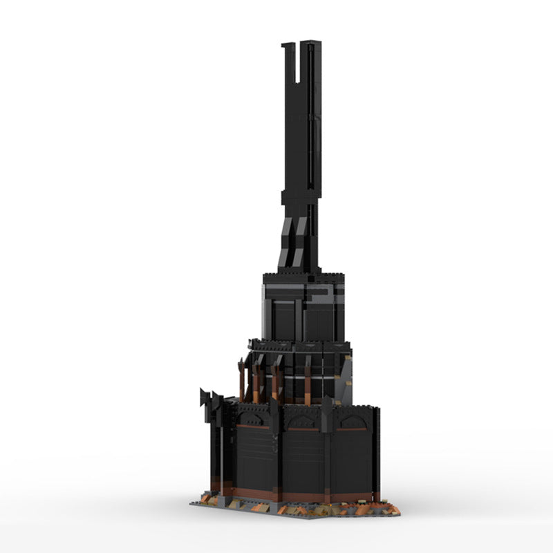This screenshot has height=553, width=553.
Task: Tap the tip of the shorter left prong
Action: pyautogui.click(x=287, y=46)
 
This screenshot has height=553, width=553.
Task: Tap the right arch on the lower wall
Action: pyautogui.click(x=352, y=421)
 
